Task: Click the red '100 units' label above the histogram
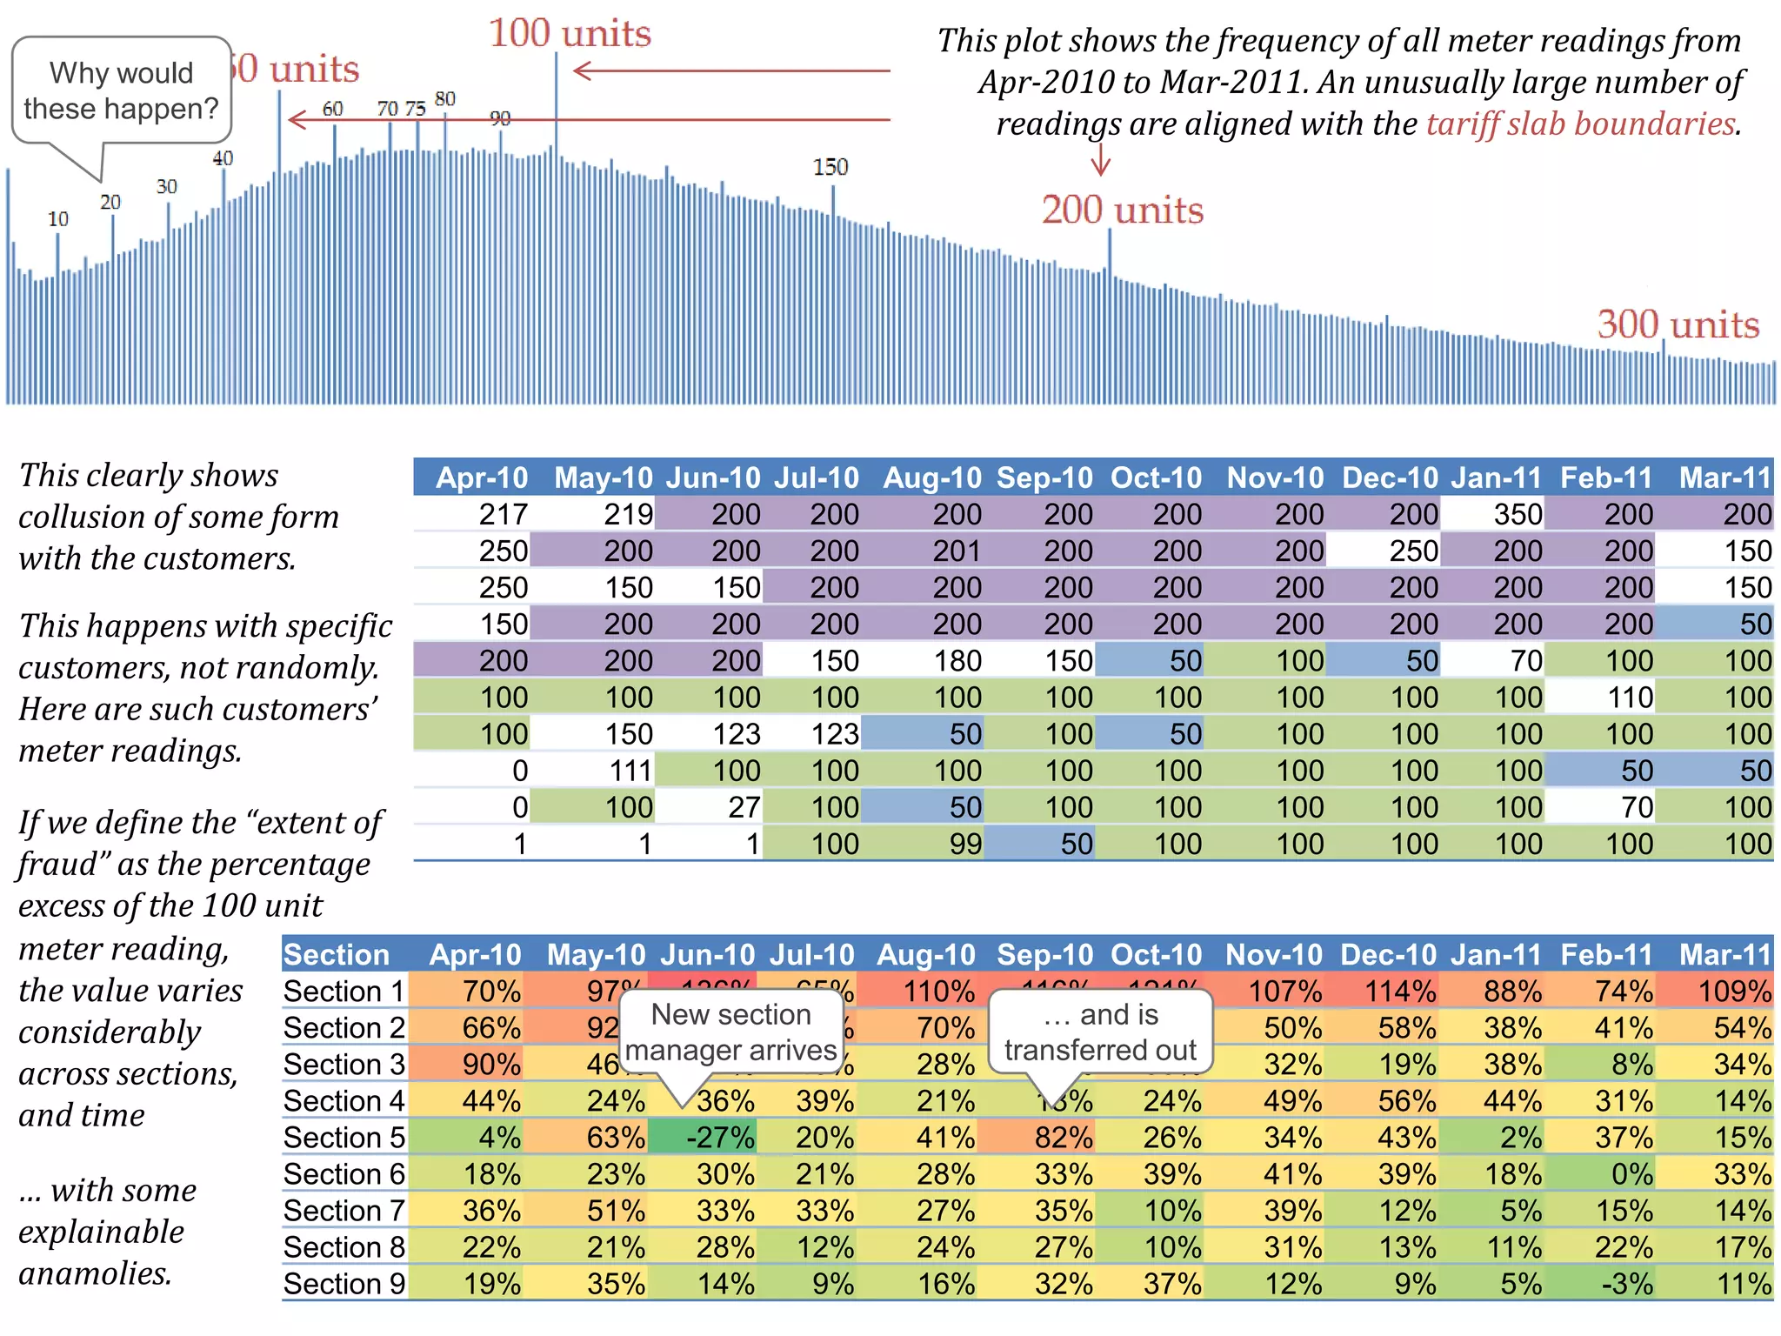click(570, 34)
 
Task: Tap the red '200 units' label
click(1122, 210)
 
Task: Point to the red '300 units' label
click(1678, 324)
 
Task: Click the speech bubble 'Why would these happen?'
click(122, 90)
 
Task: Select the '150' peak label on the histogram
click(830, 167)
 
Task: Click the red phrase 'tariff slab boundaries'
click(1580, 124)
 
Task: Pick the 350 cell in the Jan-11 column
click(1517, 514)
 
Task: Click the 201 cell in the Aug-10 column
click(956, 551)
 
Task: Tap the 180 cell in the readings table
click(957, 661)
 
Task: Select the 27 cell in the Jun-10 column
click(744, 807)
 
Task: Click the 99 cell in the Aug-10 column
click(964, 844)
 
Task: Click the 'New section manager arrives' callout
click(730, 1032)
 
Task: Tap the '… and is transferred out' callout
click(1100, 1032)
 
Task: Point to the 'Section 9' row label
click(344, 1284)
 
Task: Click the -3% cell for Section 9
click(1625, 1284)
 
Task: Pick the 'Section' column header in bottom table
click(337, 955)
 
